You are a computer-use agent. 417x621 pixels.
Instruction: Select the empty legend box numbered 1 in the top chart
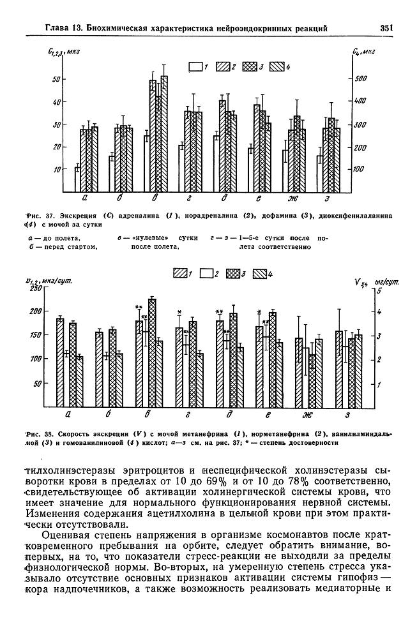pos(195,66)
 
